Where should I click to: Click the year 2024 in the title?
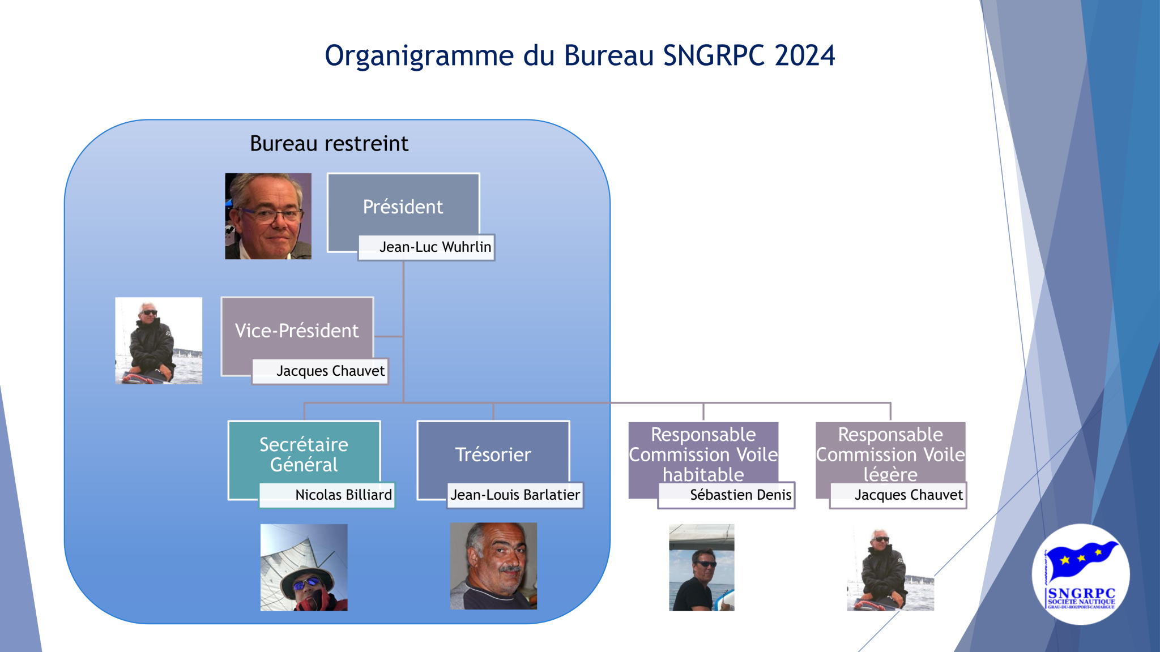click(804, 55)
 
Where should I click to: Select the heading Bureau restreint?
click(329, 144)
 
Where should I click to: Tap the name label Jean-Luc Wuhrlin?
click(427, 247)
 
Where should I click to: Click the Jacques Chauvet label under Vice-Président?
click(321, 371)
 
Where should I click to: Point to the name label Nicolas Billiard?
click(327, 495)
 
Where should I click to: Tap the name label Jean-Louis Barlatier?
click(515, 495)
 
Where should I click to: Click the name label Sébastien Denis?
click(727, 495)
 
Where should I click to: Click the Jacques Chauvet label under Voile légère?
click(898, 495)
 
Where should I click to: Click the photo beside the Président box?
click(268, 216)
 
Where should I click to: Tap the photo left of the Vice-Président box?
click(159, 341)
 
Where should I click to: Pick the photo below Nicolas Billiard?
click(304, 567)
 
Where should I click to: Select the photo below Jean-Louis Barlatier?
click(493, 566)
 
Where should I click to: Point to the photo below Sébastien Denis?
click(702, 567)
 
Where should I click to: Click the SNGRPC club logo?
click(1081, 574)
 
